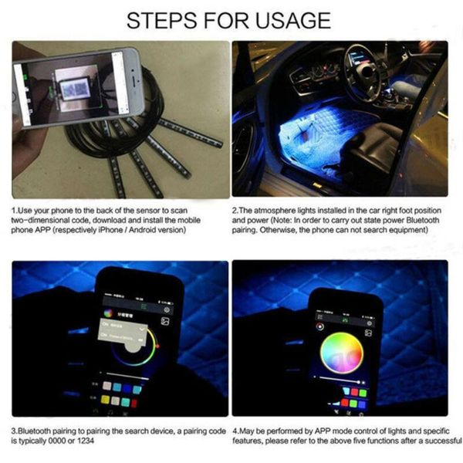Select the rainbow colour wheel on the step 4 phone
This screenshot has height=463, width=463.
[x=341, y=352]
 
